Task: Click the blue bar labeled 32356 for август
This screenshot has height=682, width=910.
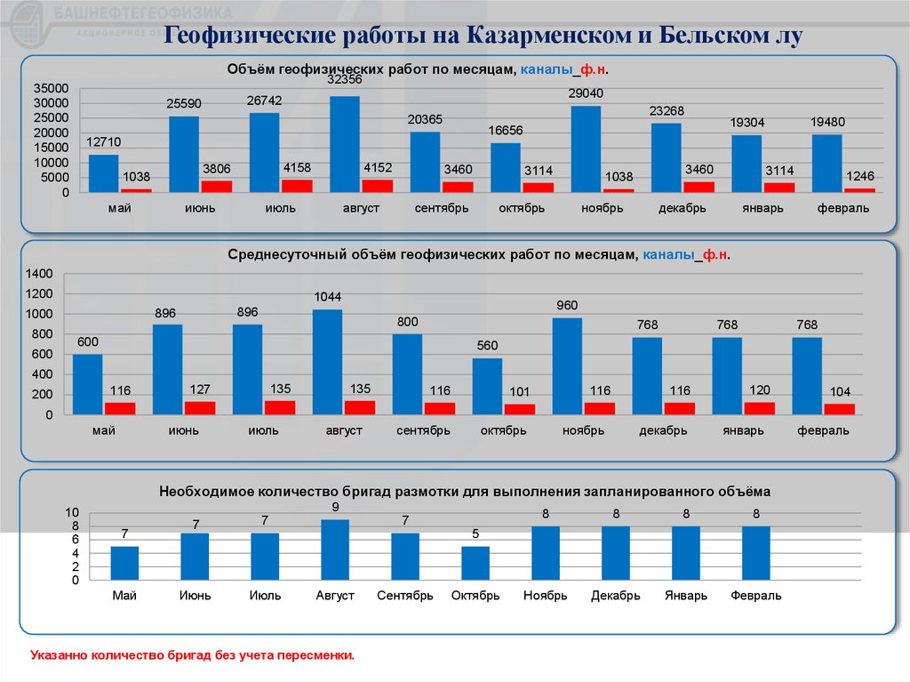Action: click(x=344, y=144)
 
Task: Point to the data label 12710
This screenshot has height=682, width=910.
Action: click(x=104, y=141)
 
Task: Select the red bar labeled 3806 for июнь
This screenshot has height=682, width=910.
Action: click(x=216, y=186)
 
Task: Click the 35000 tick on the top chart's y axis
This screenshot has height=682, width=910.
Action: click(x=51, y=88)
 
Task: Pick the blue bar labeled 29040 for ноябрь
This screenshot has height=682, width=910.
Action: click(x=586, y=148)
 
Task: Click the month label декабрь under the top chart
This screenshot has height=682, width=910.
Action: click(x=682, y=208)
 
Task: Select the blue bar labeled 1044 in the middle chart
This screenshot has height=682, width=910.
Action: click(x=327, y=362)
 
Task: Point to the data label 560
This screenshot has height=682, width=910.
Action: click(x=486, y=346)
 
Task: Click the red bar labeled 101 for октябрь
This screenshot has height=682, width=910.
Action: click(x=520, y=409)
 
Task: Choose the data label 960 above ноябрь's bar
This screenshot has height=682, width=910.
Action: click(x=567, y=305)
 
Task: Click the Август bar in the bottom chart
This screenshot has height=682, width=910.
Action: click(x=335, y=550)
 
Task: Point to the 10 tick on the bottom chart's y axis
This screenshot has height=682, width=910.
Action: click(x=72, y=513)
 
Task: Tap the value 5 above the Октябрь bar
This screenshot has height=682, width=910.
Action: click(x=475, y=534)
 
